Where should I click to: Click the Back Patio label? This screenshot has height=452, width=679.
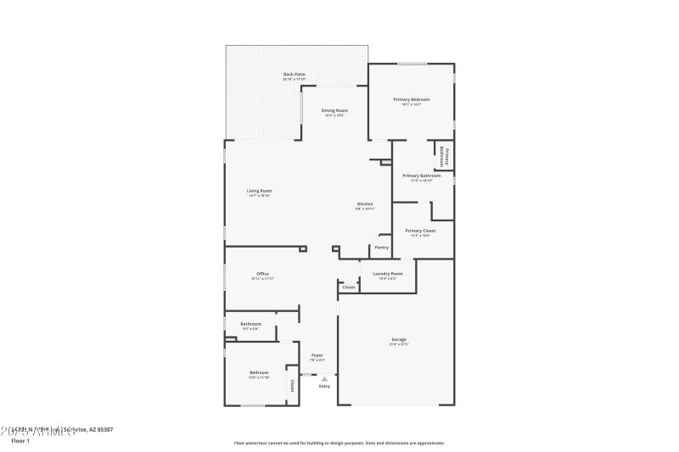coord(295,75)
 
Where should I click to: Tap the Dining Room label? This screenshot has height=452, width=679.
coord(334,110)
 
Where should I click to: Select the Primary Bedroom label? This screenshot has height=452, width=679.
coord(412,99)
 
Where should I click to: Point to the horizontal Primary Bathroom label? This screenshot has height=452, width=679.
coord(421,176)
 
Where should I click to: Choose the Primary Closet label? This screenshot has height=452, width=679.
coord(420,231)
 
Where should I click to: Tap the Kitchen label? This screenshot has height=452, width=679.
coord(365,204)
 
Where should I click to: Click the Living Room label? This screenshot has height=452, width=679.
coord(260,191)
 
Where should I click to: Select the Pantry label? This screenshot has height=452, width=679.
coord(382,248)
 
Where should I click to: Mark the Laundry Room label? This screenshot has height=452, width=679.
coord(387,274)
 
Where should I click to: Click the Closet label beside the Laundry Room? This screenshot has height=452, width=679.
coord(349,287)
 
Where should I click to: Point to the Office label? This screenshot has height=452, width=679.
coord(263,274)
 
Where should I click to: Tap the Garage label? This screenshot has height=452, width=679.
coord(399,339)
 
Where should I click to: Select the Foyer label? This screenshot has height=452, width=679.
coord(317,355)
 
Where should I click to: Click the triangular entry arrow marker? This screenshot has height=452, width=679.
coord(324,378)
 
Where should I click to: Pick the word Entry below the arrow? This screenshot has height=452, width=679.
coord(324,387)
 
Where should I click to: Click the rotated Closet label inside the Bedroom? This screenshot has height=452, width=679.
coord(293,385)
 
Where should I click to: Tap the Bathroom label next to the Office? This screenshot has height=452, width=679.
coord(250,323)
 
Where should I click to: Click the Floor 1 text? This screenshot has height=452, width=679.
coord(20,441)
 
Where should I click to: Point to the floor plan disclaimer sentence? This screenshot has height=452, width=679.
coord(339,443)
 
